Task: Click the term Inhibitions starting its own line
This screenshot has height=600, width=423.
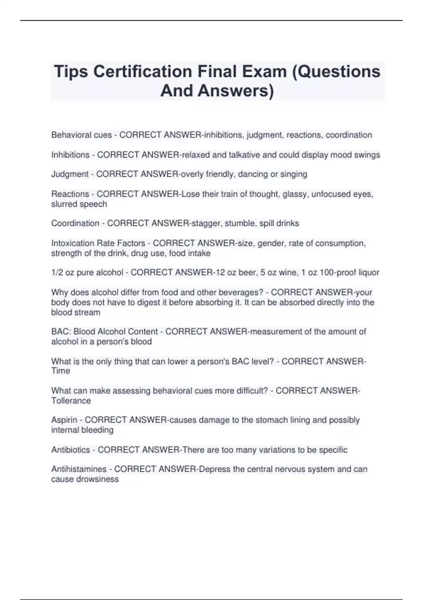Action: pos(70,155)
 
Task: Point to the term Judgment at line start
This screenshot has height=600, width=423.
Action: pos(70,174)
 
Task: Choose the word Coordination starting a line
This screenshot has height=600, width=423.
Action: pos(75,223)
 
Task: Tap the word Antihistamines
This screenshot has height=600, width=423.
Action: pos(79,469)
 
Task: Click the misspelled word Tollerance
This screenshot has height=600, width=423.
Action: pos(71,401)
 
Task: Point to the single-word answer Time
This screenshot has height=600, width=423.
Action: pos(60,371)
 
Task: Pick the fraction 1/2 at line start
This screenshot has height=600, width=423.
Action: pos(57,272)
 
